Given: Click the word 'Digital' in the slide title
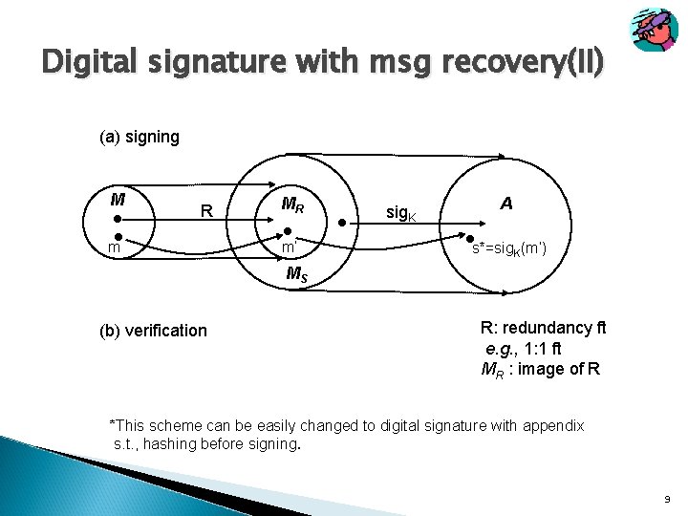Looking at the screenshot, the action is click(89, 64).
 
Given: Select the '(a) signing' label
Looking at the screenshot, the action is click(140, 138).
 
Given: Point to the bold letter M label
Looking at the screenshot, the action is click(117, 200).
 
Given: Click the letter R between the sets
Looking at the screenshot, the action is click(205, 210).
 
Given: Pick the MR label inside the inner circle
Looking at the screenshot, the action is click(293, 204).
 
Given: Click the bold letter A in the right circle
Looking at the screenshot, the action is click(505, 203).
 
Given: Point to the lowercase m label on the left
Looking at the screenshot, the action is click(113, 248).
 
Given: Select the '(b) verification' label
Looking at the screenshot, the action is click(153, 331).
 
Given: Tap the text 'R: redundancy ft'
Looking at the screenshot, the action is click(543, 328).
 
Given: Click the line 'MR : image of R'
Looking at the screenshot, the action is click(540, 370).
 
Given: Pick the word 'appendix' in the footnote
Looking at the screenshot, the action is click(551, 425).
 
